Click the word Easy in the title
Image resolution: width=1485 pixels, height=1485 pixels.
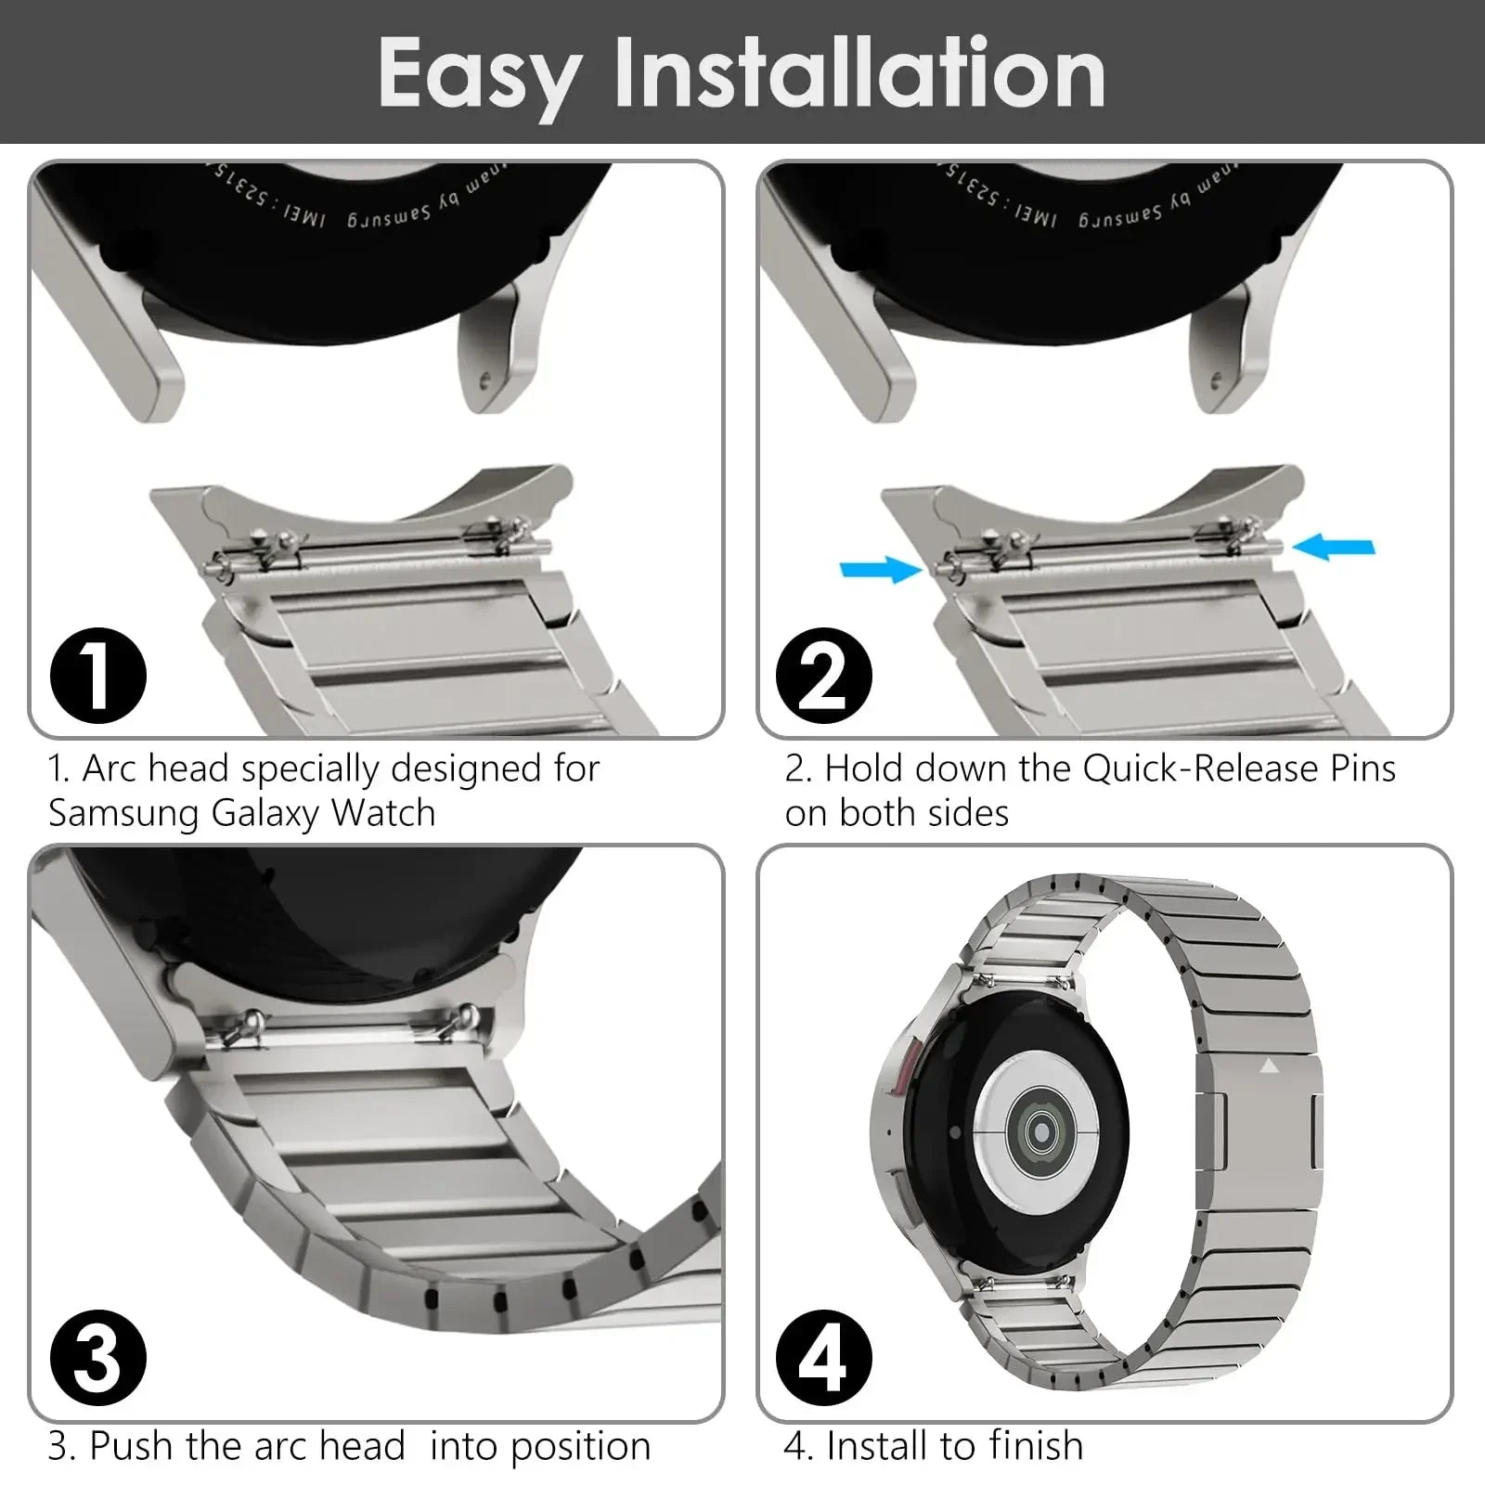tap(480, 74)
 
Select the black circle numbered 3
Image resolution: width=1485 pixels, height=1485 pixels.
tap(97, 1360)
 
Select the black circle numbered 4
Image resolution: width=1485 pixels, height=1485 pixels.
tap(824, 1360)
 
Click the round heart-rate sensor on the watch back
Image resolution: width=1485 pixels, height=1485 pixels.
tap(1039, 1131)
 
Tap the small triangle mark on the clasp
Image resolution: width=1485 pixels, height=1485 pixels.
tap(1269, 1067)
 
